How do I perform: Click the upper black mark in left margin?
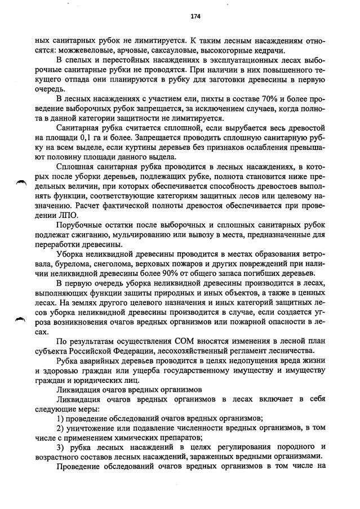pyautogui.click(x=21, y=180)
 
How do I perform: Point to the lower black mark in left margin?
pyautogui.click(x=21, y=319)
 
